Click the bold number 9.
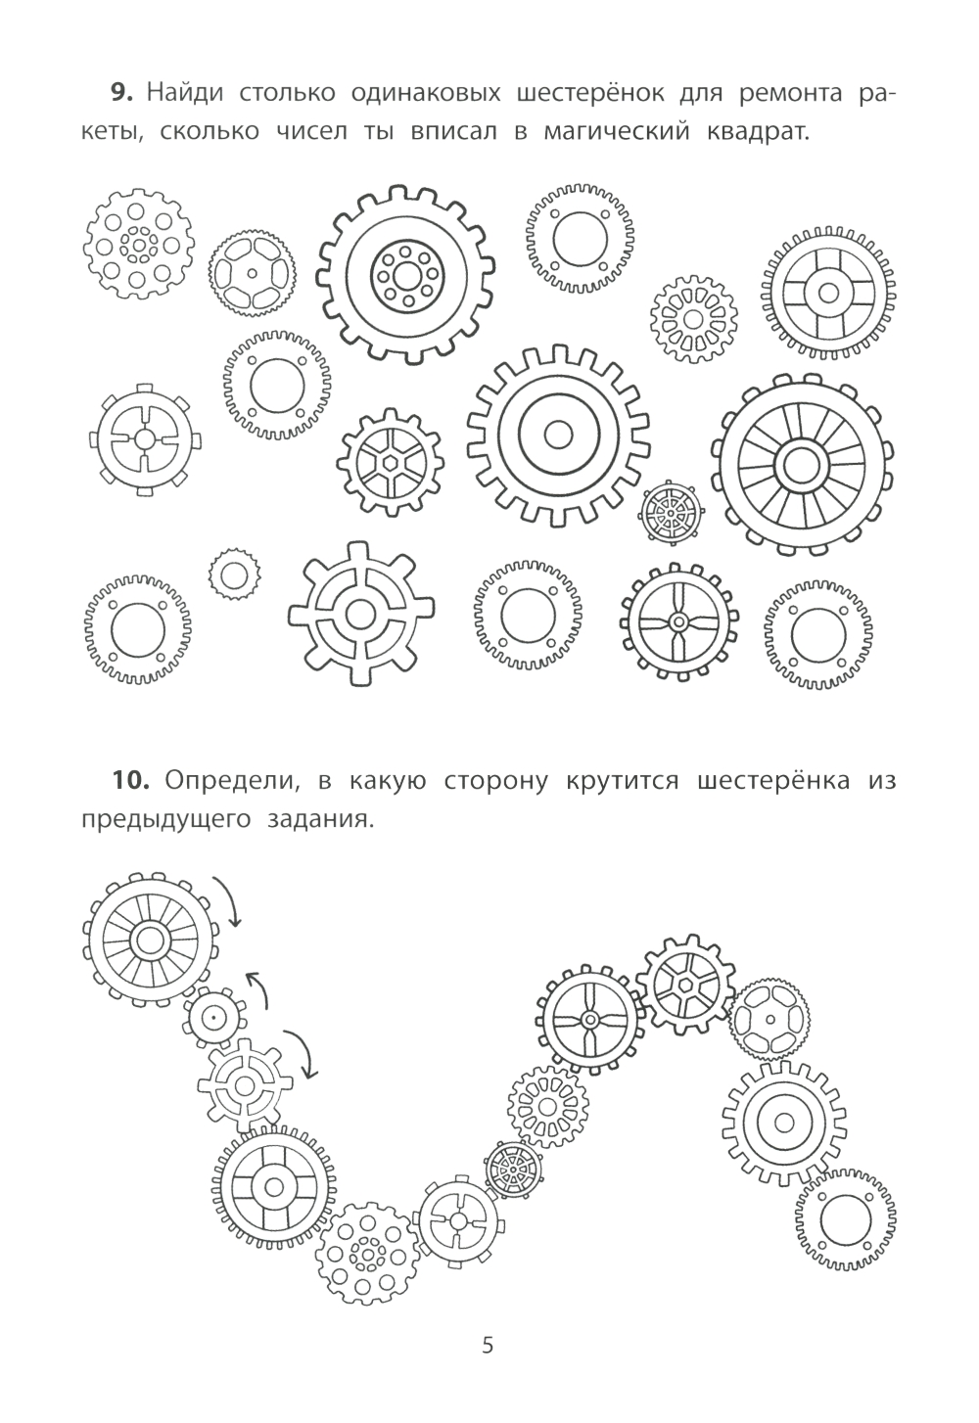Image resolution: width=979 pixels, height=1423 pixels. point(120,93)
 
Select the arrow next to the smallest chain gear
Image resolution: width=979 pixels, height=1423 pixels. point(258,988)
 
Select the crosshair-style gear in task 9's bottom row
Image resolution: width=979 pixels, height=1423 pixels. point(361,614)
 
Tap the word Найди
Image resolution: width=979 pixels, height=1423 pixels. point(185,93)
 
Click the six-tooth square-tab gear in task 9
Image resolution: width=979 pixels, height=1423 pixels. point(145,438)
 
